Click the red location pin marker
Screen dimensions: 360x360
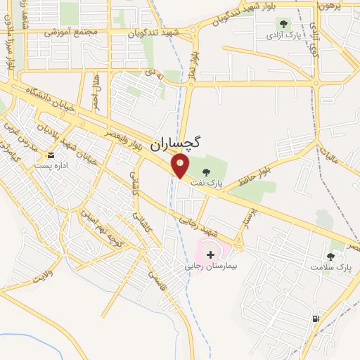181,166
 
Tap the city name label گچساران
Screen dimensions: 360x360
176,141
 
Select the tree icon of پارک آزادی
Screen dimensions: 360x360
283,25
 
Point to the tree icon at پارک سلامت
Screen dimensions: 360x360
330,257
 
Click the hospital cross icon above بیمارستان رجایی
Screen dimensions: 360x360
211,254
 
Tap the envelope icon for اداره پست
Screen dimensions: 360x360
50,155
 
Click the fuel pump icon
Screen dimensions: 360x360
316,319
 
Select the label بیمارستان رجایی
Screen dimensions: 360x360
212,266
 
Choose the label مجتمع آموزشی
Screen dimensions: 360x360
67,33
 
